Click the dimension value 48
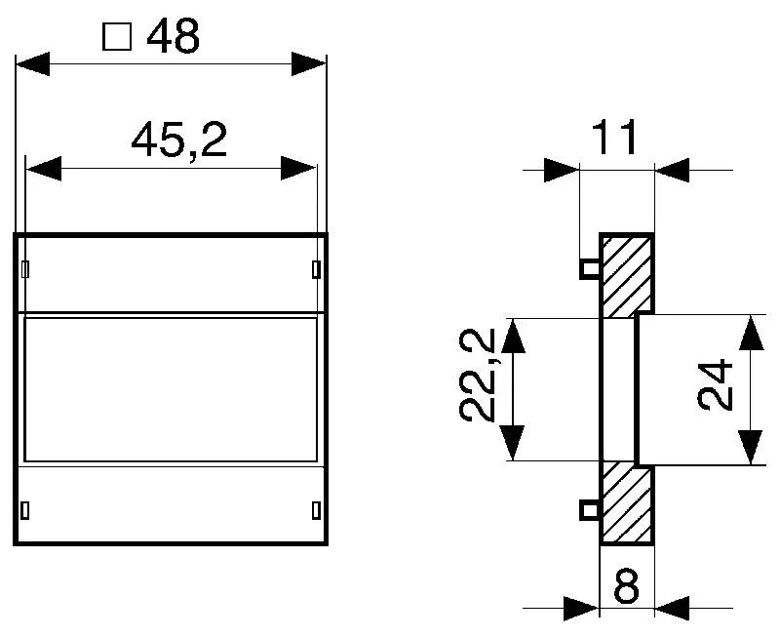click(174, 37)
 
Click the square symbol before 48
click(117, 38)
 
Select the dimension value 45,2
click(179, 142)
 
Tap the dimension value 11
click(616, 139)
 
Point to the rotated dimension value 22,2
click(479, 375)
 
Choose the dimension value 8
click(626, 589)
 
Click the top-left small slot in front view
click(25, 268)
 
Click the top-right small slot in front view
click(315, 268)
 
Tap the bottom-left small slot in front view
click(25, 508)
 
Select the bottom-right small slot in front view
click(315, 508)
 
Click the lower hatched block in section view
click(625, 503)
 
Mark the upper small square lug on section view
click(589, 268)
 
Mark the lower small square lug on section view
click(589, 508)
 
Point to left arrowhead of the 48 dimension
click(32, 66)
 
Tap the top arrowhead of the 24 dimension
click(750, 333)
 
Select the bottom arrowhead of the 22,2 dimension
click(514, 443)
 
